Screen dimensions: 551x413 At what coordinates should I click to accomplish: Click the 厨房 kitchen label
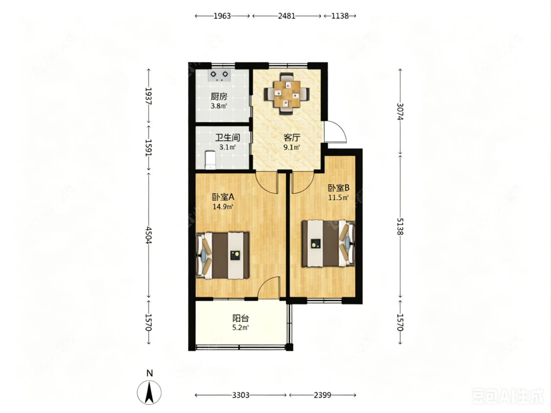(219, 96)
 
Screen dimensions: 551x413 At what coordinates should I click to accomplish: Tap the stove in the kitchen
(219, 75)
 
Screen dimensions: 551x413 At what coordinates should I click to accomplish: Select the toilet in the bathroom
(210, 160)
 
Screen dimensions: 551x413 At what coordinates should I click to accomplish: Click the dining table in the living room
(287, 94)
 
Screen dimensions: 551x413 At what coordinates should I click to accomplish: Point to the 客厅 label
(292, 138)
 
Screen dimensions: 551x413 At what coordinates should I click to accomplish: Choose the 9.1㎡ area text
(292, 147)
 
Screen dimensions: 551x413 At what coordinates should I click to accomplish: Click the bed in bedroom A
(222, 255)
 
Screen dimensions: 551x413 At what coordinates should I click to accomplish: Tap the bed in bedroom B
(329, 243)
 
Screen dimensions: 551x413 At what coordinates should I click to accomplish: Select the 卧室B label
(339, 188)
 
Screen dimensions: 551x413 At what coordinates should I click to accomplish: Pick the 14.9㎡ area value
(223, 206)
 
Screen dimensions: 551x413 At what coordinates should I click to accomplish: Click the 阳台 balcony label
(240, 319)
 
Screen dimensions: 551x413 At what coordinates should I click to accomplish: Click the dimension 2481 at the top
(287, 16)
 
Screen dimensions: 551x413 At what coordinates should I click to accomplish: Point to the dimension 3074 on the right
(400, 112)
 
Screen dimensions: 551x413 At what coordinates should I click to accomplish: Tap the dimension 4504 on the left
(148, 235)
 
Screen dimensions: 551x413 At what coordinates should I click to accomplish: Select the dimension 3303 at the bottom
(240, 395)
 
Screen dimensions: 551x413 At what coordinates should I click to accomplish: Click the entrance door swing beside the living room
(335, 132)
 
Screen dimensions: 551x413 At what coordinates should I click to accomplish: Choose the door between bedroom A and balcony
(269, 288)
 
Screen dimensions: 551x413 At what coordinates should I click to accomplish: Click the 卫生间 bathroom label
(228, 138)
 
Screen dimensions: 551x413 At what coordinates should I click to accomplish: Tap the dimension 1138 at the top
(340, 16)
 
